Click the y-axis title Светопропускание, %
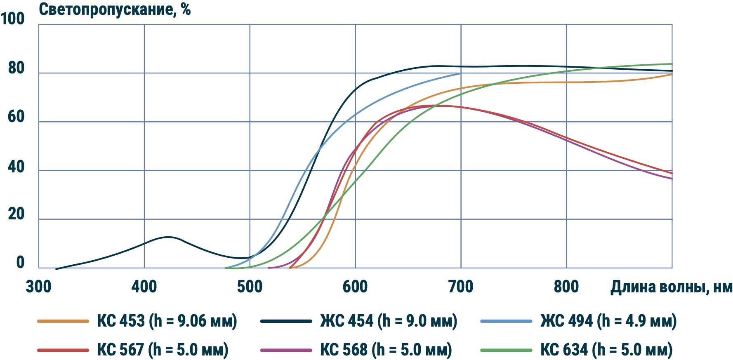click(115, 9)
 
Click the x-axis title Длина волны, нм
click(671, 287)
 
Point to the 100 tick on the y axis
click(13, 19)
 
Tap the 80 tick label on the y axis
click(16, 68)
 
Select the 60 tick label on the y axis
click(16, 117)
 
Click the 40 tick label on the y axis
click(16, 167)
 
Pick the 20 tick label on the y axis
click(16, 214)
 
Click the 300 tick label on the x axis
click(38, 287)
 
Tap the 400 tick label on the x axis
click(144, 287)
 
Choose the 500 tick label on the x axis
click(250, 287)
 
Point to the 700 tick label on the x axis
click(461, 287)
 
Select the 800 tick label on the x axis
click(566, 287)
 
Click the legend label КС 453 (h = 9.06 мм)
click(167, 321)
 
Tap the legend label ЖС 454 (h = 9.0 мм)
click(389, 321)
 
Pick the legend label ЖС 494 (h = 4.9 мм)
click(608, 321)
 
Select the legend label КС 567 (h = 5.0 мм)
click(163, 350)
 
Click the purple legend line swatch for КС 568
click(286, 350)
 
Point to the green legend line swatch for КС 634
click(506, 350)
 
